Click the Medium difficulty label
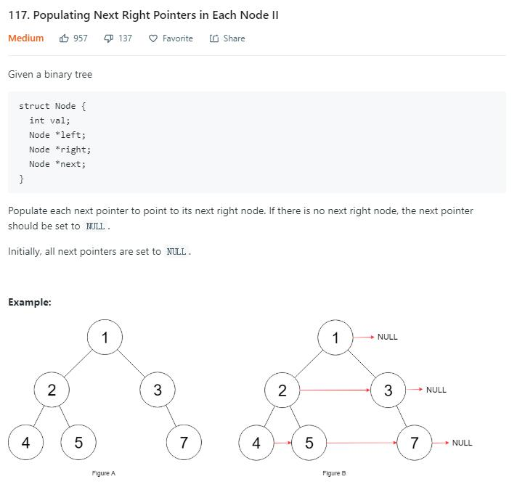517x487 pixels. (25, 38)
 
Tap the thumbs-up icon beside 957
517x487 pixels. (65, 38)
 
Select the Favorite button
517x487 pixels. (171, 38)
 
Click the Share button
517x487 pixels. (227, 38)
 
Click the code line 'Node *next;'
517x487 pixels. (57, 164)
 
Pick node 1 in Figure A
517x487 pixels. (105, 337)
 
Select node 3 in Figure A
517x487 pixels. (158, 390)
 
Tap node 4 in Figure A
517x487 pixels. (25, 443)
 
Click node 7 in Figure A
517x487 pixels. (184, 443)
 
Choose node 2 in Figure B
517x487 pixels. (282, 390)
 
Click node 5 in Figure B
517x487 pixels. (309, 443)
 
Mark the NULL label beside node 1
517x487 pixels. (387, 337)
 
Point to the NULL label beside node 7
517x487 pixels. (462, 443)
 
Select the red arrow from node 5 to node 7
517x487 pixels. (362, 443)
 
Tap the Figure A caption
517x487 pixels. (104, 473)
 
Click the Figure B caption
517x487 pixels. (334, 473)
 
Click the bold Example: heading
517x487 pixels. (30, 302)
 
